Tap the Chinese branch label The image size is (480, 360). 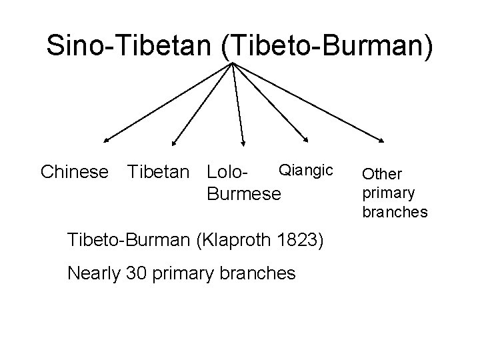(74, 173)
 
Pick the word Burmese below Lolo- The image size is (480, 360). (245, 194)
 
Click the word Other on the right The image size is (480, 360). (382, 174)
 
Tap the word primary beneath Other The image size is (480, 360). (389, 193)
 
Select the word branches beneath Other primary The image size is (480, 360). (395, 212)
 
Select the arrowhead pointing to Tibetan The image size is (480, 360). (173, 142)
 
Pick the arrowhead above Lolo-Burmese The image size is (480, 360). (243, 143)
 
